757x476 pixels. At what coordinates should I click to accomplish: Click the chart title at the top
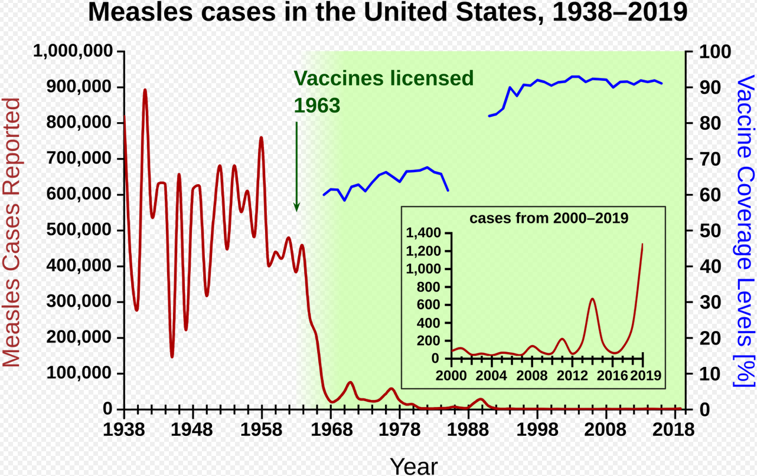388,13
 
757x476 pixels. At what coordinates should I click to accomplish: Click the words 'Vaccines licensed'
384,78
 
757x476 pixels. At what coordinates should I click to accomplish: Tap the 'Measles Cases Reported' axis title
12,232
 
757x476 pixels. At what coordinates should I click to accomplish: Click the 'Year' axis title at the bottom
413,466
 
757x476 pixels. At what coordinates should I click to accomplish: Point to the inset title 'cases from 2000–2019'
549,218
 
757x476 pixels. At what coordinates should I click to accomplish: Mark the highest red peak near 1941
145,90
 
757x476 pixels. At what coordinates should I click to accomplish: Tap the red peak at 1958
261,138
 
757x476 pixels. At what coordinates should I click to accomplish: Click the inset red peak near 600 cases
593,299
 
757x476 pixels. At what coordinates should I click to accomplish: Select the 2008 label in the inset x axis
532,376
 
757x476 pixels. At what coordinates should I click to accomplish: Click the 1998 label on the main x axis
537,429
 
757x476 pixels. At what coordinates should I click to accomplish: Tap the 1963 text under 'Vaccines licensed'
317,106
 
